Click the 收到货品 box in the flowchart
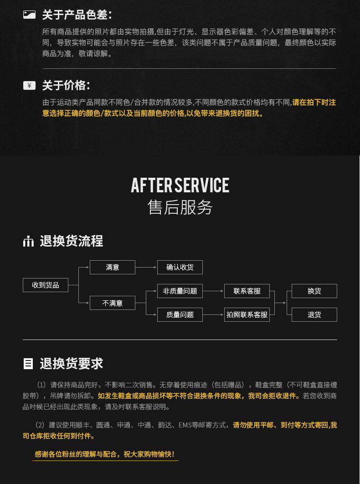tap(46, 285)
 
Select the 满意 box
tap(113, 267)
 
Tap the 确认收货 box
tap(180, 267)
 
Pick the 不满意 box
tap(113, 303)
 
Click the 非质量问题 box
tap(180, 291)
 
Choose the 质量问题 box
tap(180, 314)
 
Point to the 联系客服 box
tap(247, 291)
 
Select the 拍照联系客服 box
tap(247, 314)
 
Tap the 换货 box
tap(314, 291)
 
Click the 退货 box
tap(314, 314)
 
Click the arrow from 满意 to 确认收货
tap(146, 267)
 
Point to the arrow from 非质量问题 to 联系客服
tap(213, 291)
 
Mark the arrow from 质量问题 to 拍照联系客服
tap(213, 314)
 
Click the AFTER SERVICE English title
tap(180, 185)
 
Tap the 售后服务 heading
tap(180, 207)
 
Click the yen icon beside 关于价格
tap(29, 86)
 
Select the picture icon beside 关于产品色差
tap(29, 15)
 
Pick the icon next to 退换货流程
tap(29, 241)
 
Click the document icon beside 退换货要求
tap(28, 364)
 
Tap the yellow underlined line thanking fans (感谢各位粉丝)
tap(104, 454)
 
